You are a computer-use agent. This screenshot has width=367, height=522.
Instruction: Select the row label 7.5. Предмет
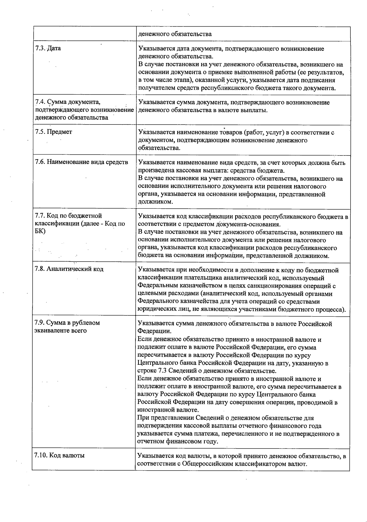(x=54, y=132)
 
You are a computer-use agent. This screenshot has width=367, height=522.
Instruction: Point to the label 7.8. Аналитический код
(x=69, y=269)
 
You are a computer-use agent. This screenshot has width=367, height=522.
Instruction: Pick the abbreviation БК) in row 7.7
(x=40, y=231)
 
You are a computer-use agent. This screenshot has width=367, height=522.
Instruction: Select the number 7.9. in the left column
(x=40, y=323)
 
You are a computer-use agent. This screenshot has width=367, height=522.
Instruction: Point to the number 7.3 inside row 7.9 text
(x=163, y=371)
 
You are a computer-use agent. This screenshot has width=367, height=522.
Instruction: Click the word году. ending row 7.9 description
(x=209, y=442)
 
